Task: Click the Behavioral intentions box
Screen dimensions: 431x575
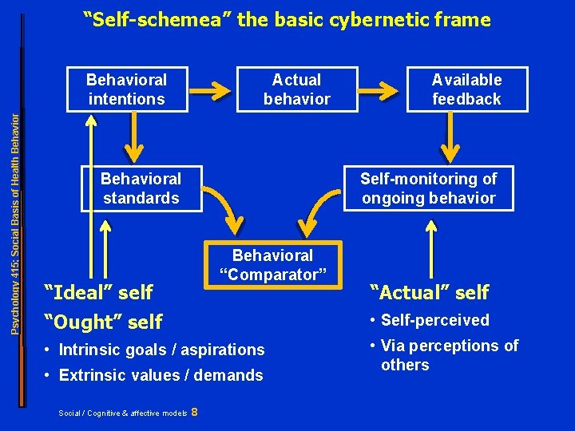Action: point(126,89)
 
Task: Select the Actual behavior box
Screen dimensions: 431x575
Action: point(296,89)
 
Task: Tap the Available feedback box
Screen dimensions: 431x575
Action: point(466,89)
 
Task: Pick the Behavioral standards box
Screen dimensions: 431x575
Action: point(141,188)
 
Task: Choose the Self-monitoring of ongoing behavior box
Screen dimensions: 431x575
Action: point(428,188)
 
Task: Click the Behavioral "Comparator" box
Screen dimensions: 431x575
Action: point(272,265)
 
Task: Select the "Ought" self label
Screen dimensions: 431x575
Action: point(104,322)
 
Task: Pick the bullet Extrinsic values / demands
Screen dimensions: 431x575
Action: point(155,375)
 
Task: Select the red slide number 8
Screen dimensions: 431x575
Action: point(196,412)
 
